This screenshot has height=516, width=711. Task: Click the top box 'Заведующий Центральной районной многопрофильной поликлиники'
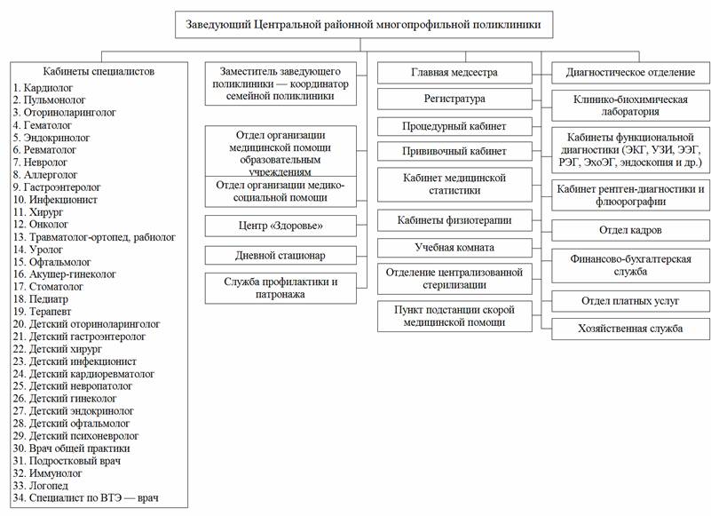pyautogui.click(x=364, y=25)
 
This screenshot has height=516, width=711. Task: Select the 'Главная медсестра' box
pyautogui.click(x=454, y=73)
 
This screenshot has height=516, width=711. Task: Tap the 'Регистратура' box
pyautogui.click(x=454, y=99)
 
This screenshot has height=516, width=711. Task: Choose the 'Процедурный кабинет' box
pyautogui.click(x=454, y=127)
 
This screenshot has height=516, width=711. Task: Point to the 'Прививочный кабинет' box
pyautogui.click(x=454, y=151)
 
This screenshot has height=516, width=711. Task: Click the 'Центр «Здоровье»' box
pyautogui.click(x=280, y=226)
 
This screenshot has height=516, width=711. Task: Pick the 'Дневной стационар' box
pyautogui.click(x=280, y=256)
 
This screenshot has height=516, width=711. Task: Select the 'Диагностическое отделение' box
pyautogui.click(x=630, y=73)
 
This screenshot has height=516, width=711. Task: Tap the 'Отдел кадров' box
pyautogui.click(x=630, y=231)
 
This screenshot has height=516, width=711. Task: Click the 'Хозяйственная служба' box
pyautogui.click(x=630, y=329)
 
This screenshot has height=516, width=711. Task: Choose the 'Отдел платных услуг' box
pyautogui.click(x=630, y=301)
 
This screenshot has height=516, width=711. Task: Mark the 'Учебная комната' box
pyautogui.click(x=454, y=248)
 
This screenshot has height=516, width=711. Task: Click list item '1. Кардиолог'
pyautogui.click(x=43, y=88)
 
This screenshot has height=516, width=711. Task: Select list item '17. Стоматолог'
pyautogui.click(x=48, y=287)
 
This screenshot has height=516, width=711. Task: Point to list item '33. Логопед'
pyautogui.click(x=41, y=486)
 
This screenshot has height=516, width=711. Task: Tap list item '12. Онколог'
pyautogui.click(x=41, y=224)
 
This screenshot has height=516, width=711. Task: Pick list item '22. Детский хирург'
pyautogui.click(x=58, y=349)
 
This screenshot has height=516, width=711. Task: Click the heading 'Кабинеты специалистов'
pyautogui.click(x=99, y=72)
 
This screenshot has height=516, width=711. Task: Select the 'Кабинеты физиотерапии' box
pyautogui.click(x=454, y=220)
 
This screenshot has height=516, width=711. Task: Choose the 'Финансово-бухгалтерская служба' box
pyautogui.click(x=630, y=266)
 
